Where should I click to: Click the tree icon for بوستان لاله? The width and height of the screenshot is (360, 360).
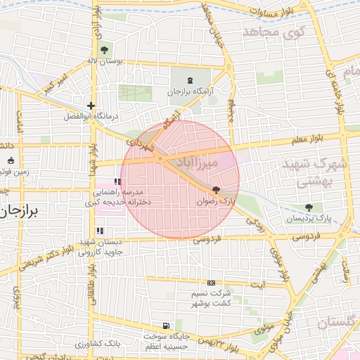click(105, 50)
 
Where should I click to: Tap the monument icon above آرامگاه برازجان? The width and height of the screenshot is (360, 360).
click(193, 79)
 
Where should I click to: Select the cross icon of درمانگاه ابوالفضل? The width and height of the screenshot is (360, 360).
click(91, 105)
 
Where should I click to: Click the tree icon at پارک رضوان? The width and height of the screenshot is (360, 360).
click(215, 190)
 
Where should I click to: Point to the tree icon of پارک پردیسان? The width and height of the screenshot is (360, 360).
click(309, 207)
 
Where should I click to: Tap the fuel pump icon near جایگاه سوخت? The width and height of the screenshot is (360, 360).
click(165, 326)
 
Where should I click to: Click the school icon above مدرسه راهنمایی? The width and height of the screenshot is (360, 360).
click(117, 181)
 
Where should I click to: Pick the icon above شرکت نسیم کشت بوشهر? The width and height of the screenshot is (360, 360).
click(211, 283)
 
